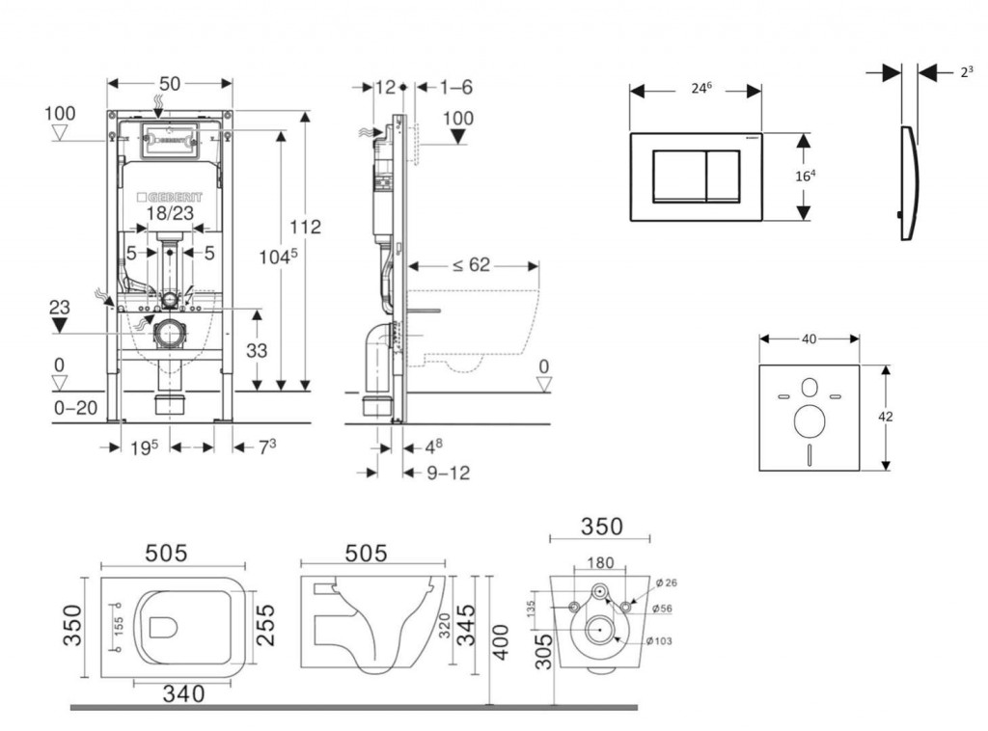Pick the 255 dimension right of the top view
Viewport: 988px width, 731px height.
(265, 625)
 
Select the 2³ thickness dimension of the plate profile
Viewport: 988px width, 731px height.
(965, 71)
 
